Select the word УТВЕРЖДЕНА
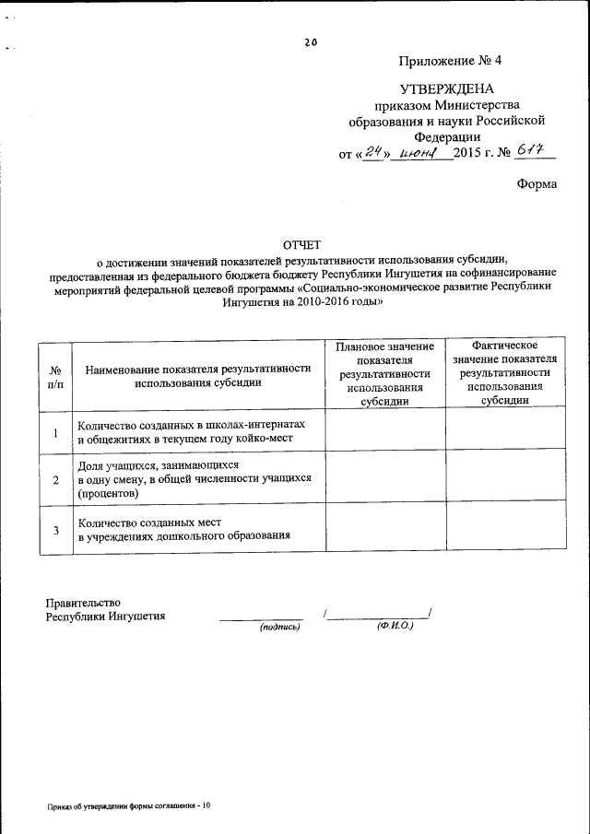447,88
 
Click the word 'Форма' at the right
537,184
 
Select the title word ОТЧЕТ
301,245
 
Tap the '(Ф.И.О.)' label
394,626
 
